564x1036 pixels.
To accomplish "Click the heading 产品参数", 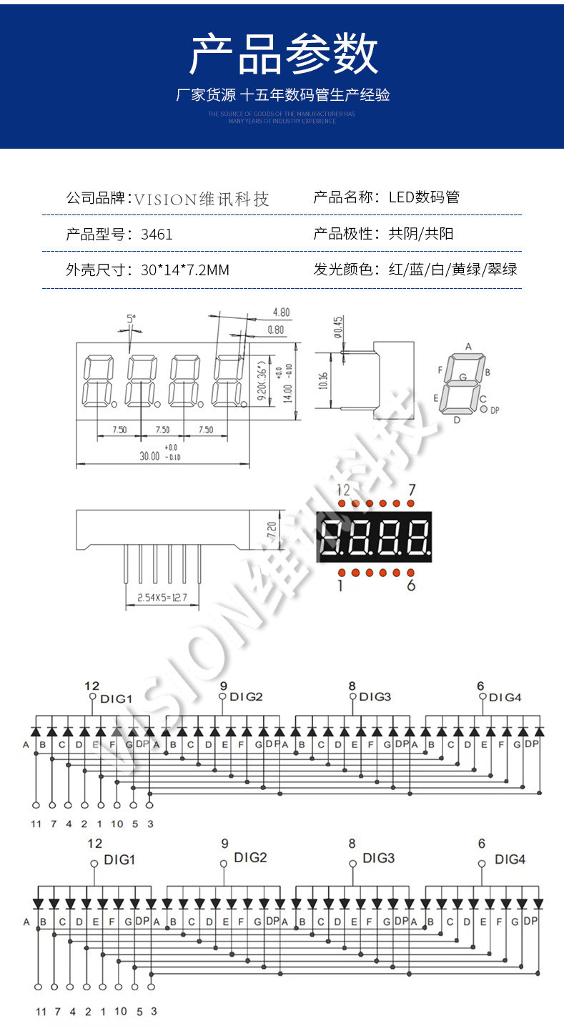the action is [283, 54].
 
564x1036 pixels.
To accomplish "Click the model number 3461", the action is [157, 234].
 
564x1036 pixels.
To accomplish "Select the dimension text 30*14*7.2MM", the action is [185, 270].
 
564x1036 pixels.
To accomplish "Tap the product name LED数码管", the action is [424, 197].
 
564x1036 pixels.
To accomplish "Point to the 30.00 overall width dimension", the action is [150, 455].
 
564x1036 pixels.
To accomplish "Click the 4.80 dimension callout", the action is [281, 312].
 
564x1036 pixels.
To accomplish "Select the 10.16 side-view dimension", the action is [323, 380].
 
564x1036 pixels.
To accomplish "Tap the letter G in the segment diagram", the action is [462, 376].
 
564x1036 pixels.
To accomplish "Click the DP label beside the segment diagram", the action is [495, 411].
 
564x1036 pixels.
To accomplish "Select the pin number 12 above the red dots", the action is [344, 490].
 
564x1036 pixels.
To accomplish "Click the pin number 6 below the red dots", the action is [410, 586].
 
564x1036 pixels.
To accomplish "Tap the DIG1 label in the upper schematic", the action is [116, 698].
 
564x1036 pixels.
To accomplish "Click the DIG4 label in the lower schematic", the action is [510, 859].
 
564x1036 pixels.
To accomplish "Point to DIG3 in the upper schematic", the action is [375, 696].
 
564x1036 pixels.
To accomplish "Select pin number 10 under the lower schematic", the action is [120, 1011].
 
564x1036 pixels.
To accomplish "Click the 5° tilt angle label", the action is [131, 318].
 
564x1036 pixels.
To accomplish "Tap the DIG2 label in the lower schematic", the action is [250, 857].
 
